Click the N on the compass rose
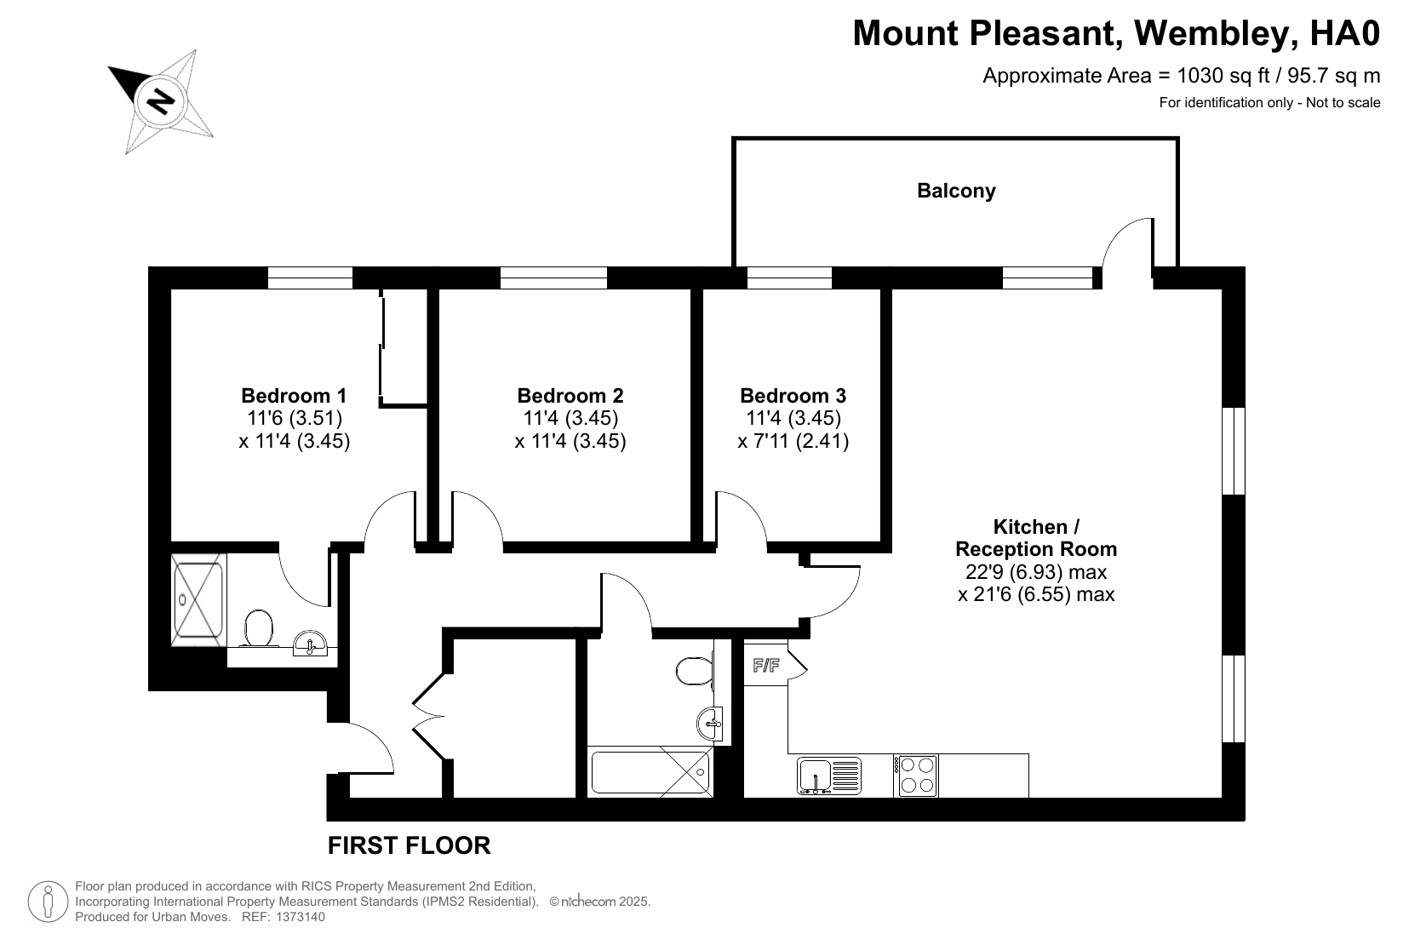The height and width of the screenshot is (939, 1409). tap(161, 100)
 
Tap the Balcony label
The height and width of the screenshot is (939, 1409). tap(956, 191)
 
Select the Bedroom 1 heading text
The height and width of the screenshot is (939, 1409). tap(294, 396)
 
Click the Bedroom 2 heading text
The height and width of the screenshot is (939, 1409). tap(570, 396)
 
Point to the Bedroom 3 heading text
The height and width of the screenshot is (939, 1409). tap(793, 396)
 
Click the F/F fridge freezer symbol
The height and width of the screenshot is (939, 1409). tap(765, 665)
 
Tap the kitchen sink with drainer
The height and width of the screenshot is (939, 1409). tap(829, 776)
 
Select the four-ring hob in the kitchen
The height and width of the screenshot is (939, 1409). tap(916, 776)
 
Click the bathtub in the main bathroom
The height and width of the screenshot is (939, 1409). tap(650, 771)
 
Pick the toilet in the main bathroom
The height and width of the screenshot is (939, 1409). tap(694, 671)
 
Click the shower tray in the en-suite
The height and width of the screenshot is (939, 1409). tap(198, 600)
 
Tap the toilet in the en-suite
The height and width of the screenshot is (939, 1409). tap(259, 628)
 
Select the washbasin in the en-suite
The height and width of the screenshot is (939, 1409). tap(310, 644)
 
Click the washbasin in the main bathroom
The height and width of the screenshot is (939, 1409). tap(710, 724)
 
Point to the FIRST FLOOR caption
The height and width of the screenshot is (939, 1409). tap(409, 845)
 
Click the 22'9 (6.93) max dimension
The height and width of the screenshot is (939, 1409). tap(1036, 572)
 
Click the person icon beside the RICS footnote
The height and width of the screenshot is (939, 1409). tap(48, 902)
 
